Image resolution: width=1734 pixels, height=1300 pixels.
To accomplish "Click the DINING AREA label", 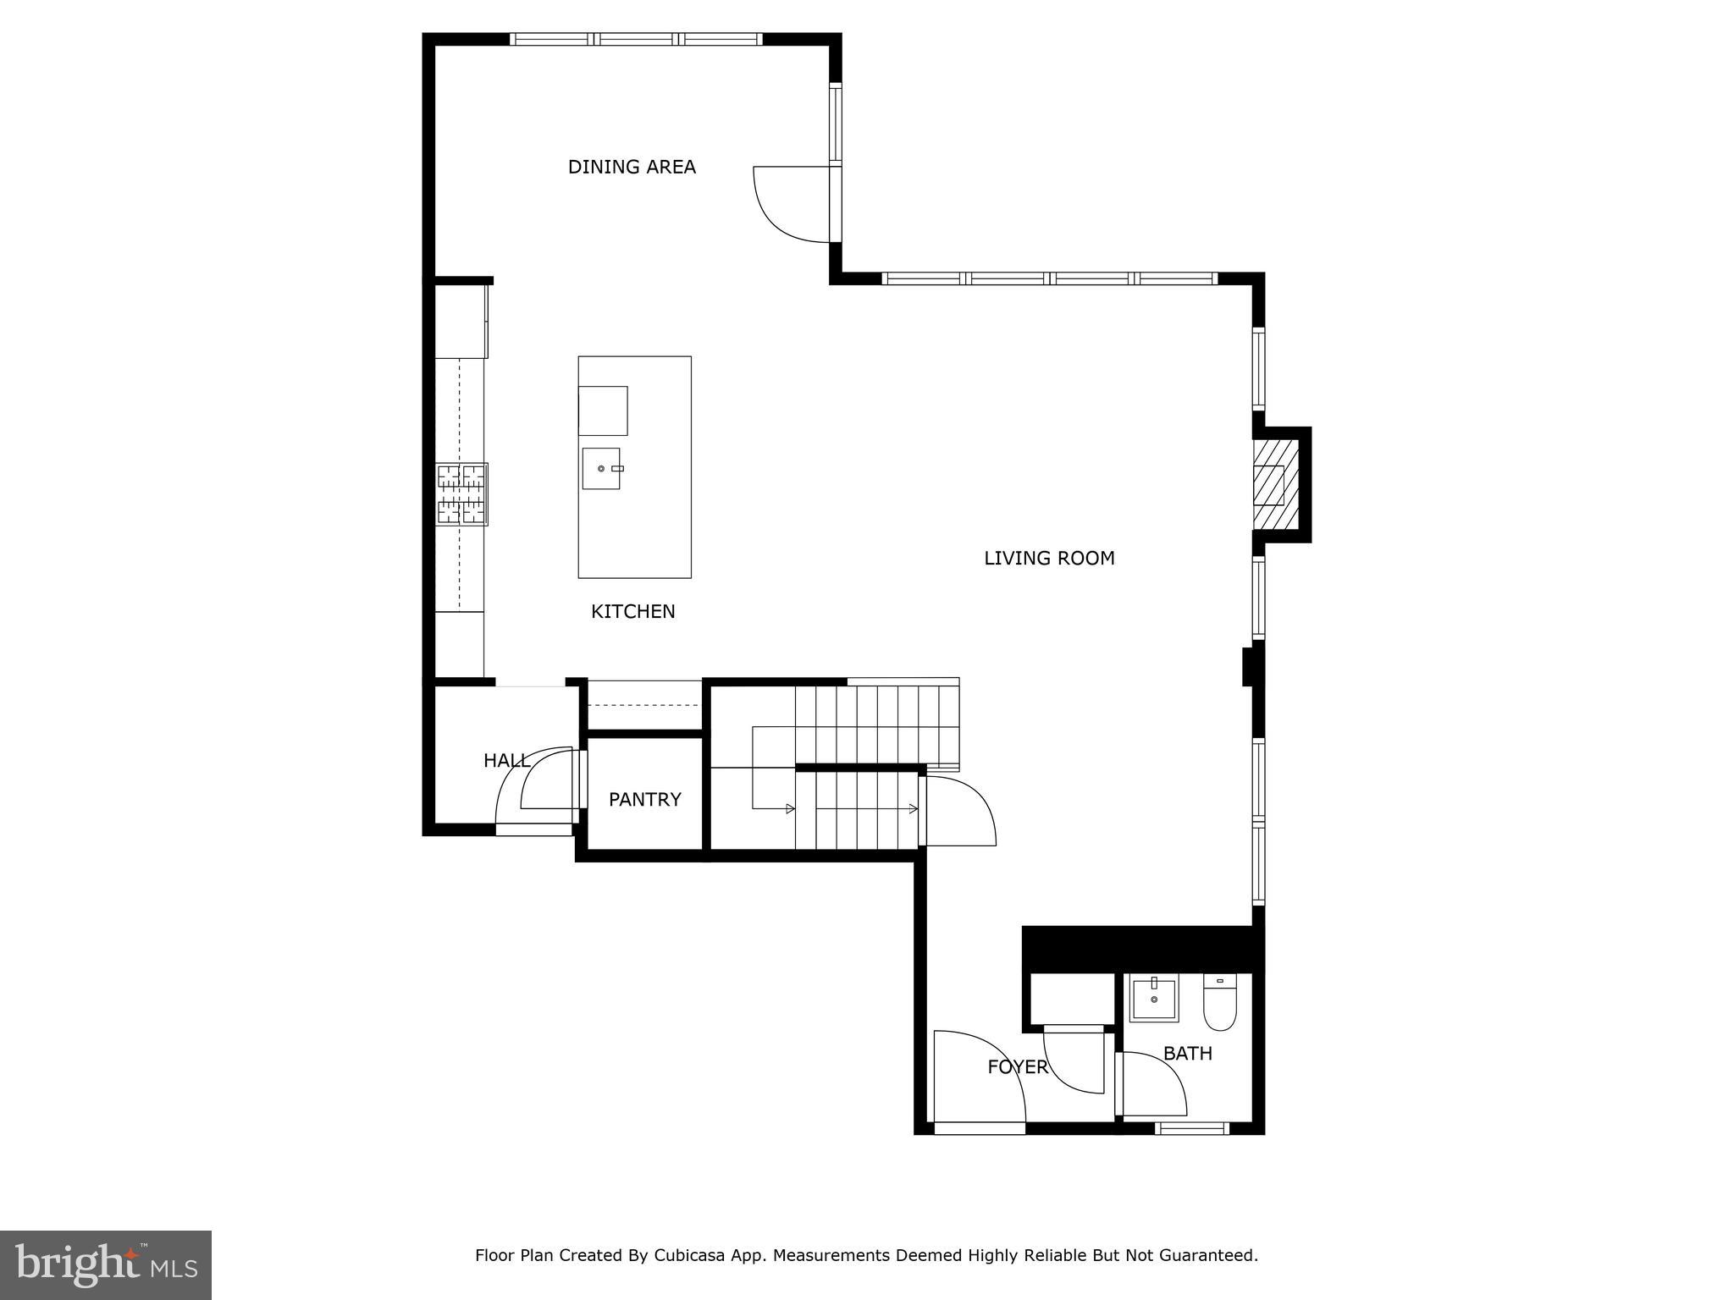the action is point(632,167).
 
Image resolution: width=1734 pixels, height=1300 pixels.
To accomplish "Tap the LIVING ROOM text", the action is point(1049,558).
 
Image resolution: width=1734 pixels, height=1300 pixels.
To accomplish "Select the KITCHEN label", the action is point(633,611).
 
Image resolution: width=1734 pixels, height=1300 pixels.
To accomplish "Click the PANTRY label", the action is point(645,799).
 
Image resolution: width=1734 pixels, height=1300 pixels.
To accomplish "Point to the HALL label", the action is point(506,761).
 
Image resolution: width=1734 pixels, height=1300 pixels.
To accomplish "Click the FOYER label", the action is point(1018,1067).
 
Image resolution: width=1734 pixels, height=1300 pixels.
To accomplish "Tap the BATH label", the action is point(1188,1054).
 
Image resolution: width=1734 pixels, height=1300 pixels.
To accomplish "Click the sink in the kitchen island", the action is point(601,468).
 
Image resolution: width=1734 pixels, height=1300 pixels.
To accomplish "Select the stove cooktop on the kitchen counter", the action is point(462,494).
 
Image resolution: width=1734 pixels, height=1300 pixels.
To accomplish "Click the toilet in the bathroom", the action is point(1220,1003).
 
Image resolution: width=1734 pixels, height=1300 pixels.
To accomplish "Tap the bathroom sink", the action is point(1154,1000).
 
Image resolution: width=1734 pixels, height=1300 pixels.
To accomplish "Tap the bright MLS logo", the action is point(106,1265).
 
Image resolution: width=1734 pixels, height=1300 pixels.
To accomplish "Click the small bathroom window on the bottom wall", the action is point(1191,1128).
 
